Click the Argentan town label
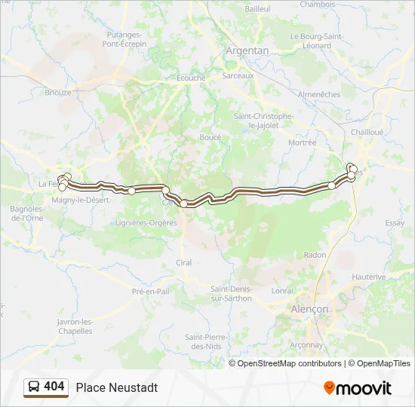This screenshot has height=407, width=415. [247, 50]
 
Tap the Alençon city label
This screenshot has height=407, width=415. [309, 309]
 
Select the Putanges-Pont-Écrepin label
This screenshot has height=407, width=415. [124, 39]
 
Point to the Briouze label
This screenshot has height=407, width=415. [57, 93]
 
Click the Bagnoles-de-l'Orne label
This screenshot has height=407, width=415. [26, 213]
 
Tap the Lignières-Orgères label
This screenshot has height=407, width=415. [145, 222]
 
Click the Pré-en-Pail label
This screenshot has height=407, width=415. [150, 291]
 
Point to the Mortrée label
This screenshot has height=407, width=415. [302, 142]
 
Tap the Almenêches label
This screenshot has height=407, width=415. [319, 94]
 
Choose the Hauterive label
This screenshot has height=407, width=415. [369, 277]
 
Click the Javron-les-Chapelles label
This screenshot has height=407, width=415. [75, 326]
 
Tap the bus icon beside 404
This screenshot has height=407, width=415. [34, 387]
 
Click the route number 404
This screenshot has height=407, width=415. [54, 387]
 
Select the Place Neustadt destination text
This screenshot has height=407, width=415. [117, 387]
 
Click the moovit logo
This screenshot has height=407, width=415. [358, 388]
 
